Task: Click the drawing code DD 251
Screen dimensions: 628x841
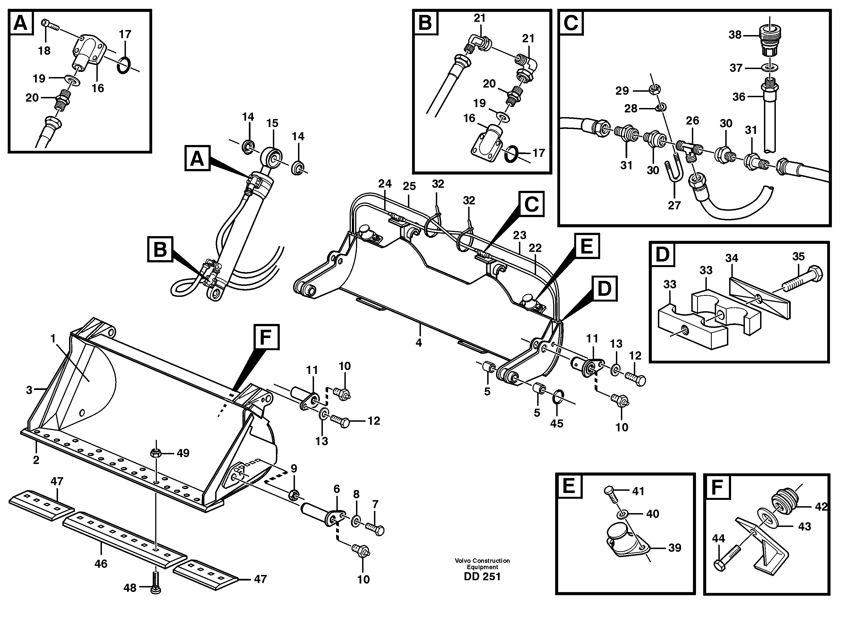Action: tap(482, 577)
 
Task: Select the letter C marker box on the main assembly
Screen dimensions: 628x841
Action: tap(531, 204)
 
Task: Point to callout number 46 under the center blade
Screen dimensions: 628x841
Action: tap(101, 563)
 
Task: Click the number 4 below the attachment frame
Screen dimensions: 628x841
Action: tap(419, 342)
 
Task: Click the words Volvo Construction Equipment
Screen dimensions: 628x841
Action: tap(482, 564)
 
